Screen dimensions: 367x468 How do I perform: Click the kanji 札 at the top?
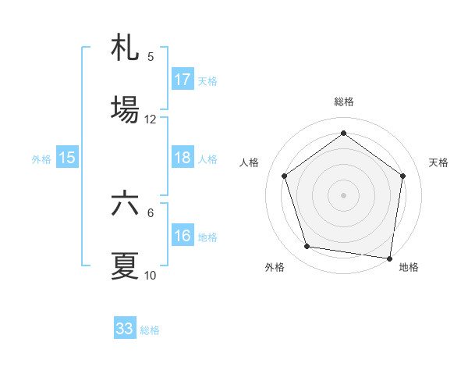pyautogui.click(x=125, y=48)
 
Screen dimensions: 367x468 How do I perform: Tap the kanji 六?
pyautogui.click(x=125, y=204)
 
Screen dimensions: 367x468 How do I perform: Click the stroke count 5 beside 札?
pyautogui.click(x=151, y=56)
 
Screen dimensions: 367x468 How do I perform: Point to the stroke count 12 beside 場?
pyautogui.click(x=151, y=119)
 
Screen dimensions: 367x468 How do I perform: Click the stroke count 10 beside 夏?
pyautogui.click(x=151, y=276)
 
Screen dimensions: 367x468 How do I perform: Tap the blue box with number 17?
pyautogui.click(x=183, y=80)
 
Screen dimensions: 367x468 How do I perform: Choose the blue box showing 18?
pyautogui.click(x=183, y=158)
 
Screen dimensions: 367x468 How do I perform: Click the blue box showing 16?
pyautogui.click(x=183, y=236)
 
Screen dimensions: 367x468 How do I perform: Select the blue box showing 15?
pyautogui.click(x=67, y=158)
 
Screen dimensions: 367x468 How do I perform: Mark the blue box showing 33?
pyautogui.click(x=125, y=329)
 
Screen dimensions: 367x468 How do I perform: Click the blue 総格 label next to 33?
pyautogui.click(x=151, y=330)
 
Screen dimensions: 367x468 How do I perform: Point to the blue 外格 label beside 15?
pyautogui.click(x=41, y=159)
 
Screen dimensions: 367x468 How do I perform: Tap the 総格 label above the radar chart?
pyautogui.click(x=343, y=102)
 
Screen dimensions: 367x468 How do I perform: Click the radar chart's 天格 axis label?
pyautogui.click(x=439, y=162)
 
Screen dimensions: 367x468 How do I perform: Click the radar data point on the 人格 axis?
pyautogui.click(x=284, y=176)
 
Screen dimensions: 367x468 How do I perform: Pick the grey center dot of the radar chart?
pyautogui.click(x=343, y=194)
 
